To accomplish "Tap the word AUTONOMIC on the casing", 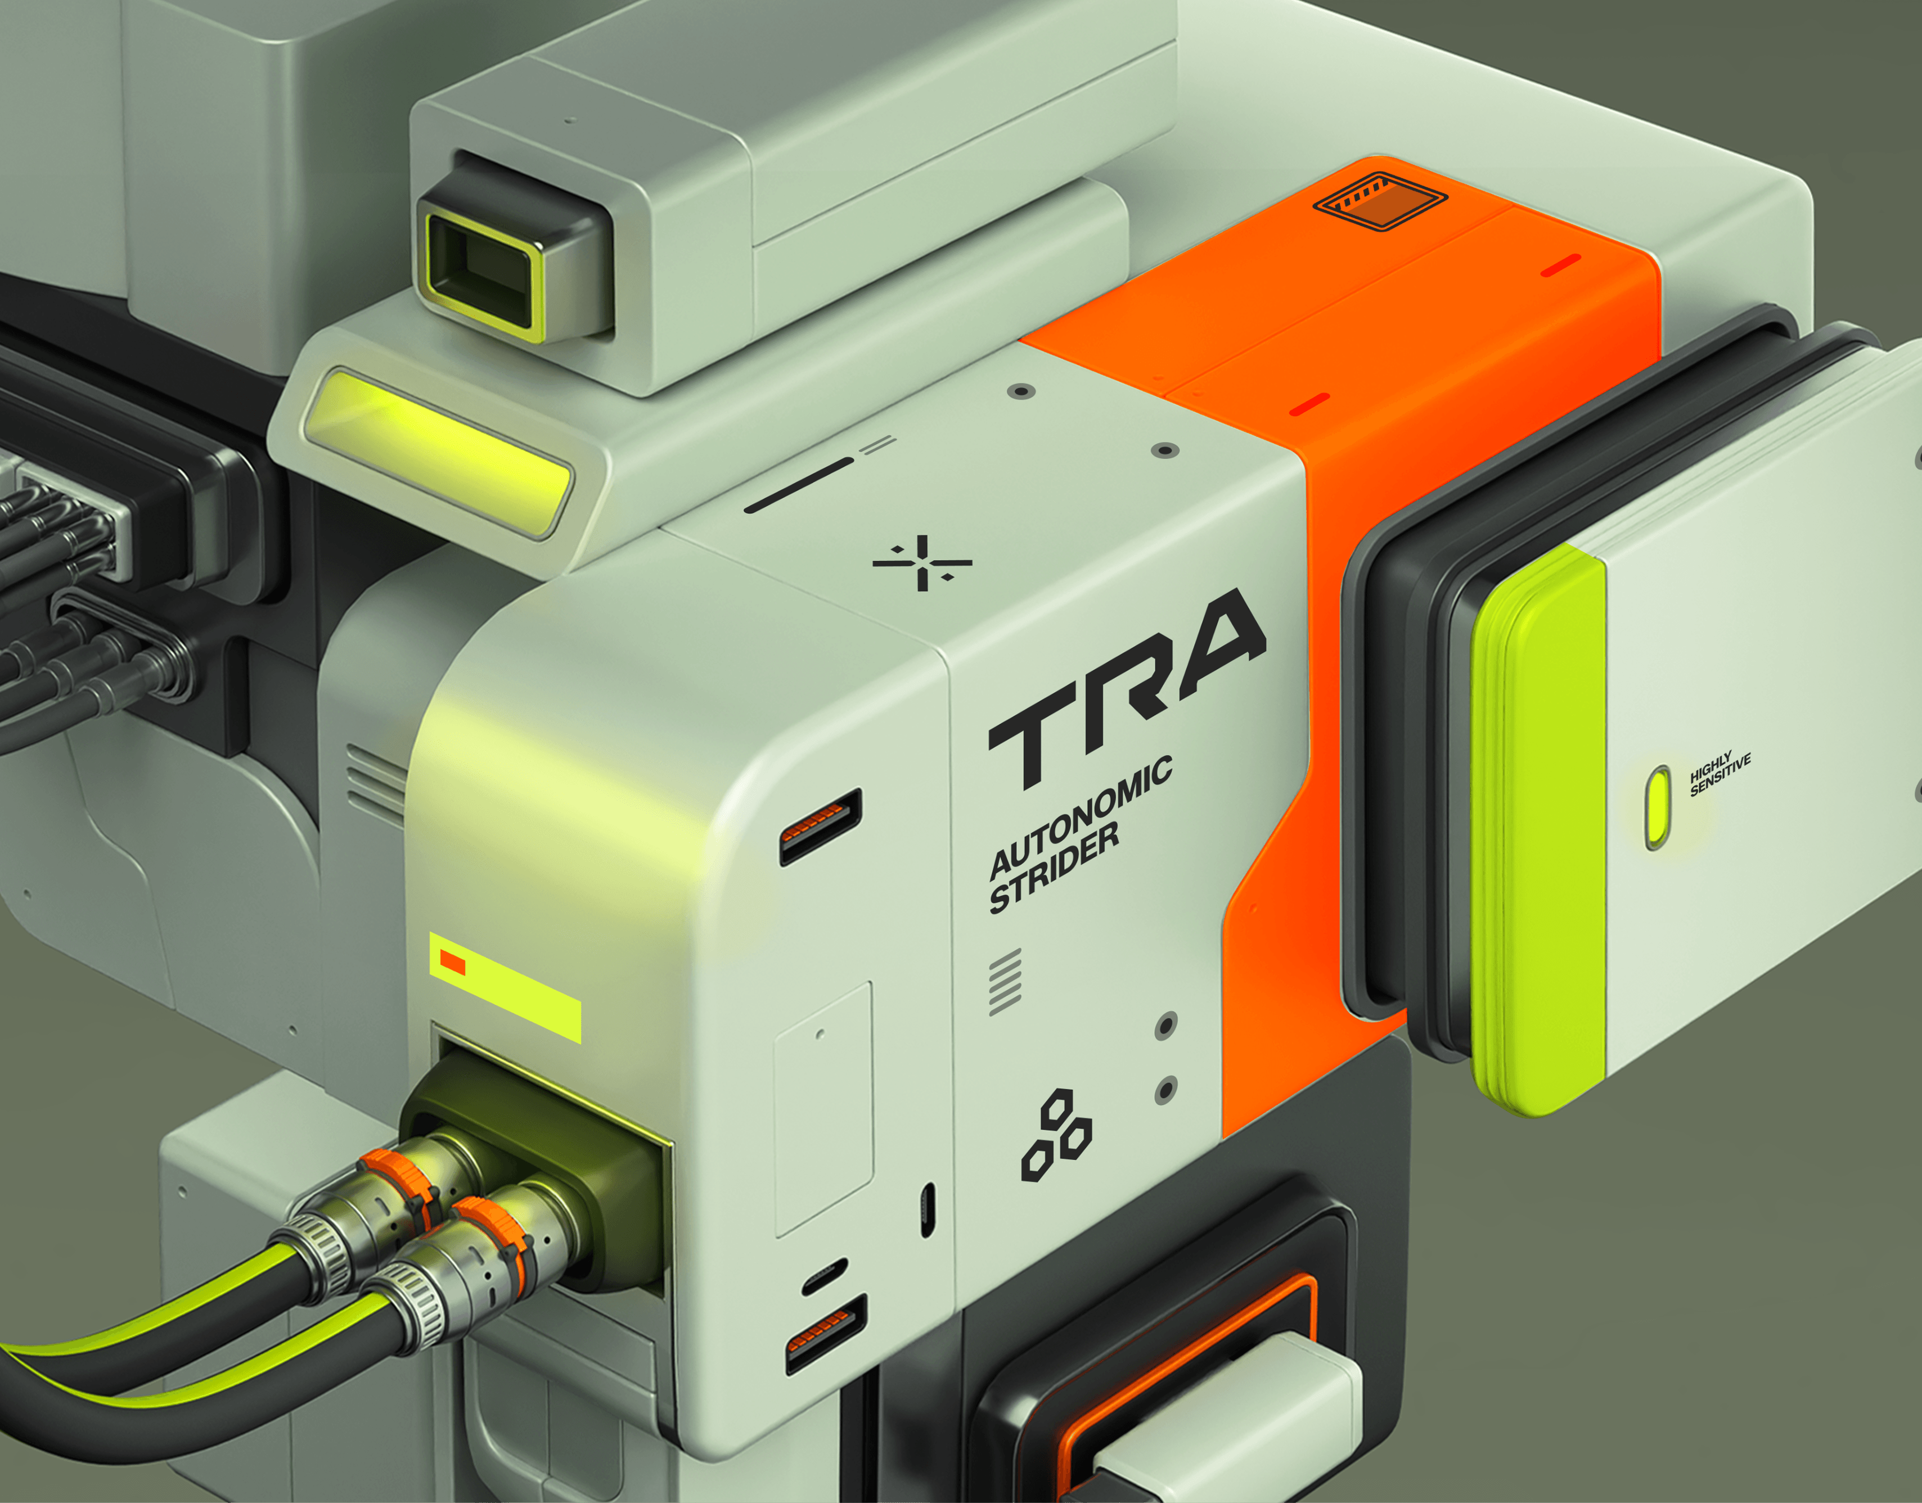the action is point(1080,816).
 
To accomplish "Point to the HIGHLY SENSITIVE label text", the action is point(1720,774).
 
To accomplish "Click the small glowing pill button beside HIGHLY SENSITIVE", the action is point(1658,807).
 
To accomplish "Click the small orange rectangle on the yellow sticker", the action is point(452,962).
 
